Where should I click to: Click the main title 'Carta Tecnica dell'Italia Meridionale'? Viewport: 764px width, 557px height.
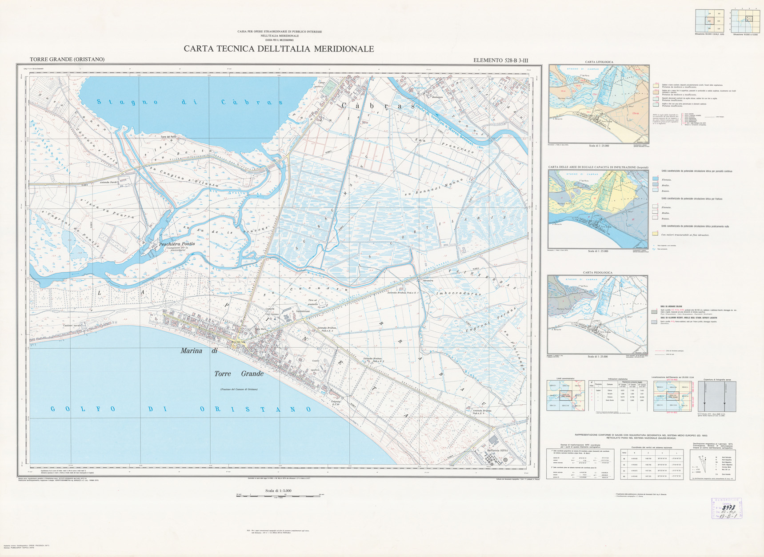[279, 49]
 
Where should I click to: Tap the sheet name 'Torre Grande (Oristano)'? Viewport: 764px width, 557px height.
[67, 60]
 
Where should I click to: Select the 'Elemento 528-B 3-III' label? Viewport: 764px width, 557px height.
[500, 60]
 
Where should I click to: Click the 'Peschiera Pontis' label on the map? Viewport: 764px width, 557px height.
[177, 244]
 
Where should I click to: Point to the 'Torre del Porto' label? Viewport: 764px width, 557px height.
[171, 137]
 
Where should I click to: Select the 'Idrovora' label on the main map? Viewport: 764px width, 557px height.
[428, 281]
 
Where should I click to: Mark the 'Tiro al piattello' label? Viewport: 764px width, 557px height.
[312, 302]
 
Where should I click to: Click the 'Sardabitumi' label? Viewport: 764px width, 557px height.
[303, 311]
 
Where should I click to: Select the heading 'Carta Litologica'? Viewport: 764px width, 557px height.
[599, 62]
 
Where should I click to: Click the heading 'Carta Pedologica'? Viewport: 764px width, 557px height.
[597, 273]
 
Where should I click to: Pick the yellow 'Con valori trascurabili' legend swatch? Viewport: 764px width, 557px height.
[655, 233]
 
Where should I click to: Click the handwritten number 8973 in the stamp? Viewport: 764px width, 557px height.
[728, 507]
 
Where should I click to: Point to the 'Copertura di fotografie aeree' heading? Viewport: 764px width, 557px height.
[717, 380]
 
